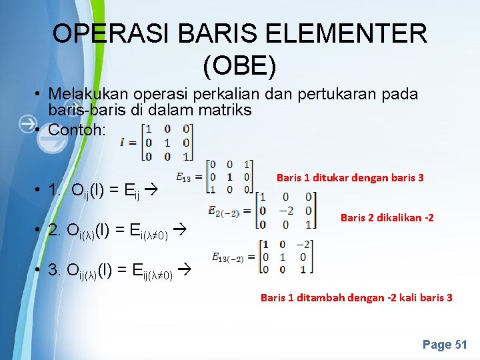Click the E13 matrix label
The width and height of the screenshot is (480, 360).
coord(184,177)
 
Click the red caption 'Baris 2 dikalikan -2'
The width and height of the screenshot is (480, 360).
coord(387,217)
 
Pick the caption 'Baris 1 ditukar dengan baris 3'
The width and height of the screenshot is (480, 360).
coord(350,177)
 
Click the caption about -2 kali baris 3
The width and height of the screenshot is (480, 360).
coord(356,297)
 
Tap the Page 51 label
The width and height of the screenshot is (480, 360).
coord(445,345)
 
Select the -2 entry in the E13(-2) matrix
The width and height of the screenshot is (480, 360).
coord(303,244)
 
